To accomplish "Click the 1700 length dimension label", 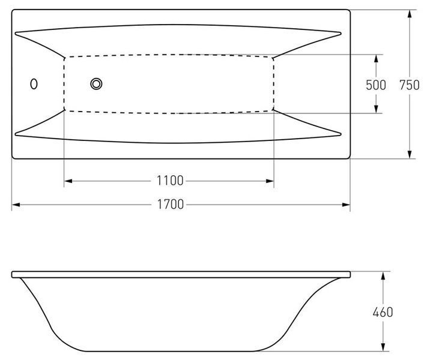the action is (171, 205).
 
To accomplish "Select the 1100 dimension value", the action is (170, 181).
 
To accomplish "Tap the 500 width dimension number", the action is (376, 85).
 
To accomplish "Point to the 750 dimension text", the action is (410, 85).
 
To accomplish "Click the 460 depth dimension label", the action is (383, 312).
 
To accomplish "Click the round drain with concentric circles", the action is (97, 84).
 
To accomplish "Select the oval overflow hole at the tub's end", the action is (34, 84).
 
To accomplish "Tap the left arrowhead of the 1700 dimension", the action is (16, 205).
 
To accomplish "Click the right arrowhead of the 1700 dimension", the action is (346, 205).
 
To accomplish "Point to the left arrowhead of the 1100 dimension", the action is (68, 181).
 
